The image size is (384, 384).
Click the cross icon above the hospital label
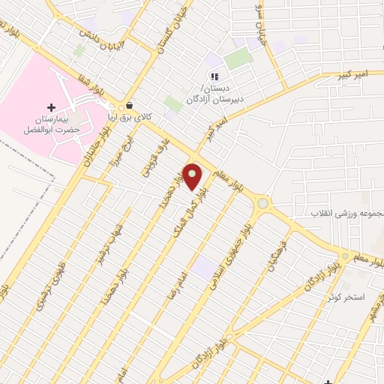coord(51,107)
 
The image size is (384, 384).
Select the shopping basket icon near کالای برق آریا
coord(131,106)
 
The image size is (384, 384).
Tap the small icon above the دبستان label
coord(214,76)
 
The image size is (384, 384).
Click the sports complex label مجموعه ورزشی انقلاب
coord(347,213)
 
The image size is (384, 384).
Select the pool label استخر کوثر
coord(345,297)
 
